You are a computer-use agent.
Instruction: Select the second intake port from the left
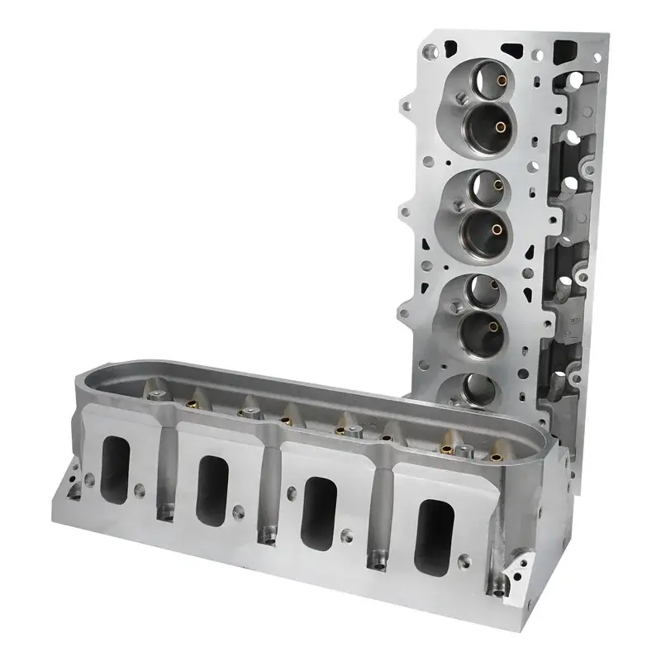point(213,487)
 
